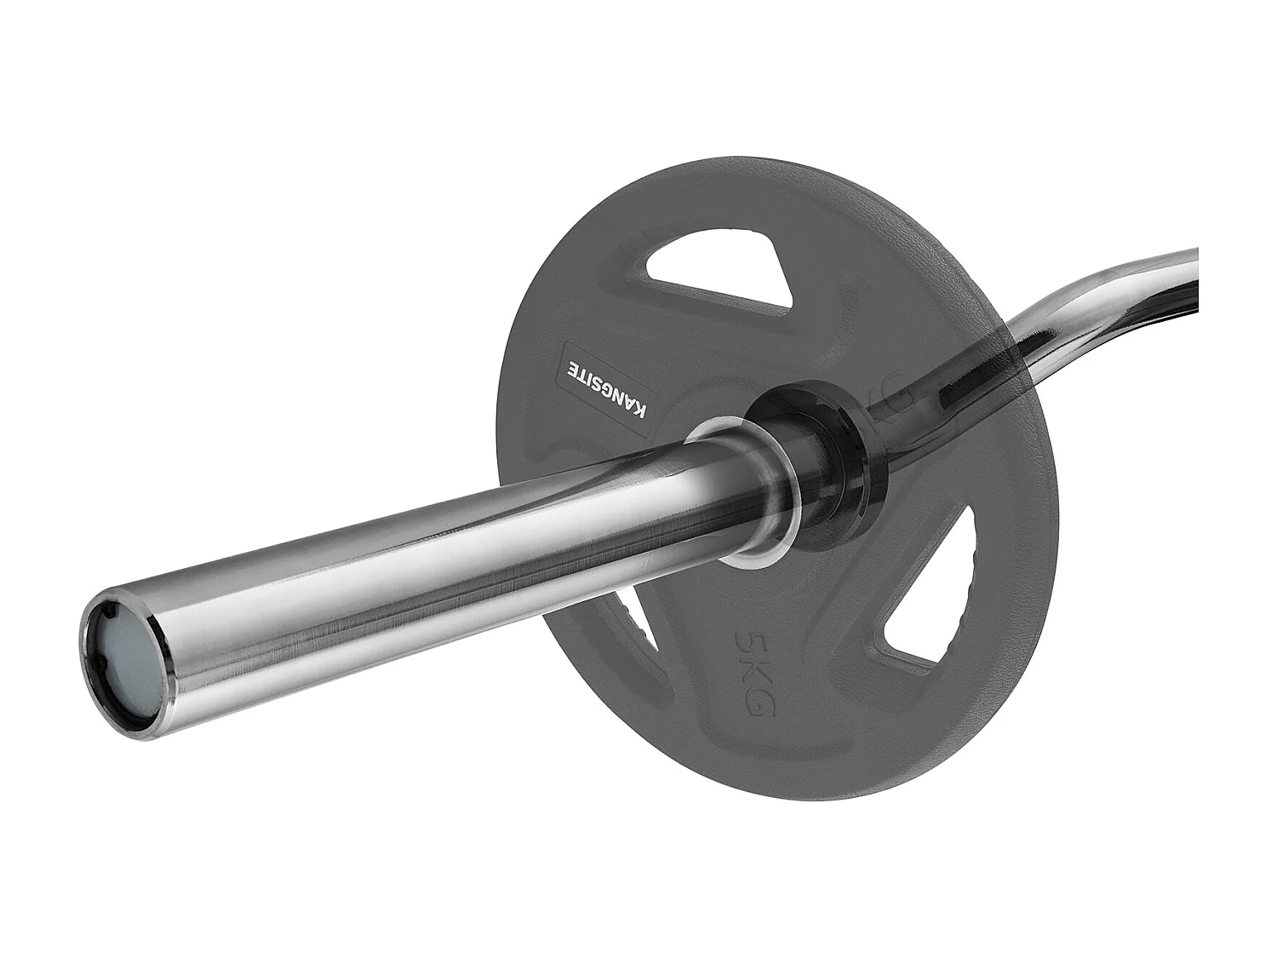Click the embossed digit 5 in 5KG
[747, 640]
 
